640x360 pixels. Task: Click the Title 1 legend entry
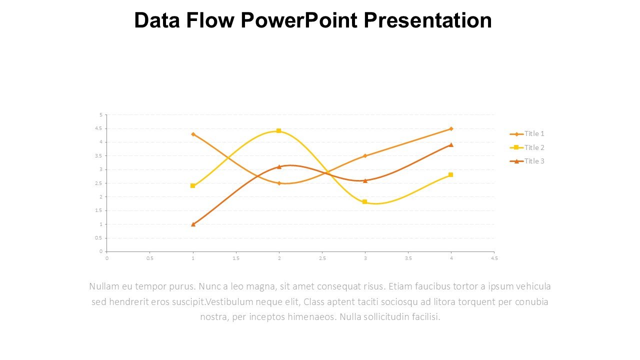[533, 133]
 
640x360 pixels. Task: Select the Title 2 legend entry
[533, 147]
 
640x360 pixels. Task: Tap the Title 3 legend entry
[533, 161]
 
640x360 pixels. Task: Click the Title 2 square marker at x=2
[279, 131]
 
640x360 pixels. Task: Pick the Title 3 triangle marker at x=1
[193, 224]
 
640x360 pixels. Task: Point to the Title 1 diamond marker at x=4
[451, 129]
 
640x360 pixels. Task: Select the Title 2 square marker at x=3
[365, 202]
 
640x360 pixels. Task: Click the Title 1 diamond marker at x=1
[193, 134]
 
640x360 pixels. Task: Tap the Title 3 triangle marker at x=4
[451, 145]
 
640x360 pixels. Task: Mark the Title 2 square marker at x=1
[193, 186]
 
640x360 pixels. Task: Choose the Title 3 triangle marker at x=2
[279, 166]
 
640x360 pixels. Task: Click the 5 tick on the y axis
[100, 115]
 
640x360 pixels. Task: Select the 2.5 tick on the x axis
[322, 258]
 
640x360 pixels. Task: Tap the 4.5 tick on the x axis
[494, 258]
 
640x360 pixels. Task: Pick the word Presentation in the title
[427, 21]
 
